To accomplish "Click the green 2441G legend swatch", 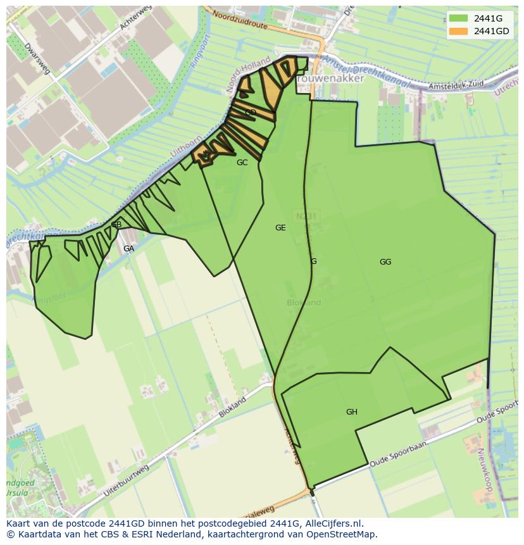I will (x=459, y=18).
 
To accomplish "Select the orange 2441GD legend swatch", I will (x=459, y=31).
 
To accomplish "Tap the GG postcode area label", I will (x=385, y=262).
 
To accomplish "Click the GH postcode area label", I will (x=352, y=412).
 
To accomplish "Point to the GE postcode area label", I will (x=280, y=228).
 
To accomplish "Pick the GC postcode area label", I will (x=242, y=163).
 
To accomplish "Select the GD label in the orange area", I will (x=251, y=113).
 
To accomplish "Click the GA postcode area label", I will (x=128, y=249).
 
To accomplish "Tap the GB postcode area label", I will (x=116, y=225).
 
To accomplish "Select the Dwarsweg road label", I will (x=37, y=59).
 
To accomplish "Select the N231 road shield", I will (x=306, y=216).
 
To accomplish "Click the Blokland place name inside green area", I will (x=304, y=303).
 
